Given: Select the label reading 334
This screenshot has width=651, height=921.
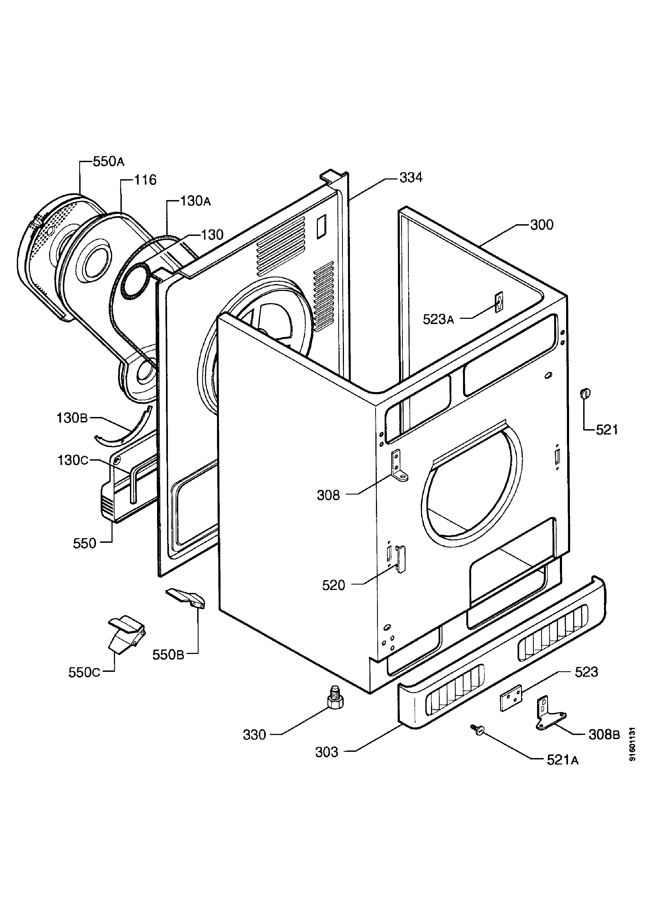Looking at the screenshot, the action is pos(411,177).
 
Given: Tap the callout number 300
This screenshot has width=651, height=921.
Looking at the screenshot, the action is pos(542,225).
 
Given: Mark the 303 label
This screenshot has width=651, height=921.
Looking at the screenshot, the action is pos(327,752).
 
